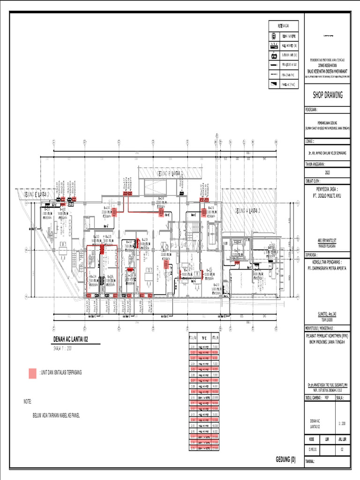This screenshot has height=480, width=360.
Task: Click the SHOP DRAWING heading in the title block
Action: [328, 95]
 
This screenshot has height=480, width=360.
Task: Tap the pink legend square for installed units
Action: [32, 373]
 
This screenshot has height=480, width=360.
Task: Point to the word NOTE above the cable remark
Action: [28, 402]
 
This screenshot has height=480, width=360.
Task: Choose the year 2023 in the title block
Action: [327, 172]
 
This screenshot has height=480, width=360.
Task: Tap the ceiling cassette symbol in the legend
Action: [274, 36]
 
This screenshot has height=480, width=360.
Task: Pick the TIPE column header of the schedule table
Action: [203, 337]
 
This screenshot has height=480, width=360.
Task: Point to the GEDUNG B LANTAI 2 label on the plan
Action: [170, 173]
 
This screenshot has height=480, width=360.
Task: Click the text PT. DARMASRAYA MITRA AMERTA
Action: [327, 268]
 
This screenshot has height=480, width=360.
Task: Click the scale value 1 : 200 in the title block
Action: [342, 423]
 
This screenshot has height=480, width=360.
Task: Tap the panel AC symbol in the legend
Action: [274, 84]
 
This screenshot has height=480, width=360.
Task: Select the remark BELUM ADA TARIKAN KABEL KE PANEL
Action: [56, 415]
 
